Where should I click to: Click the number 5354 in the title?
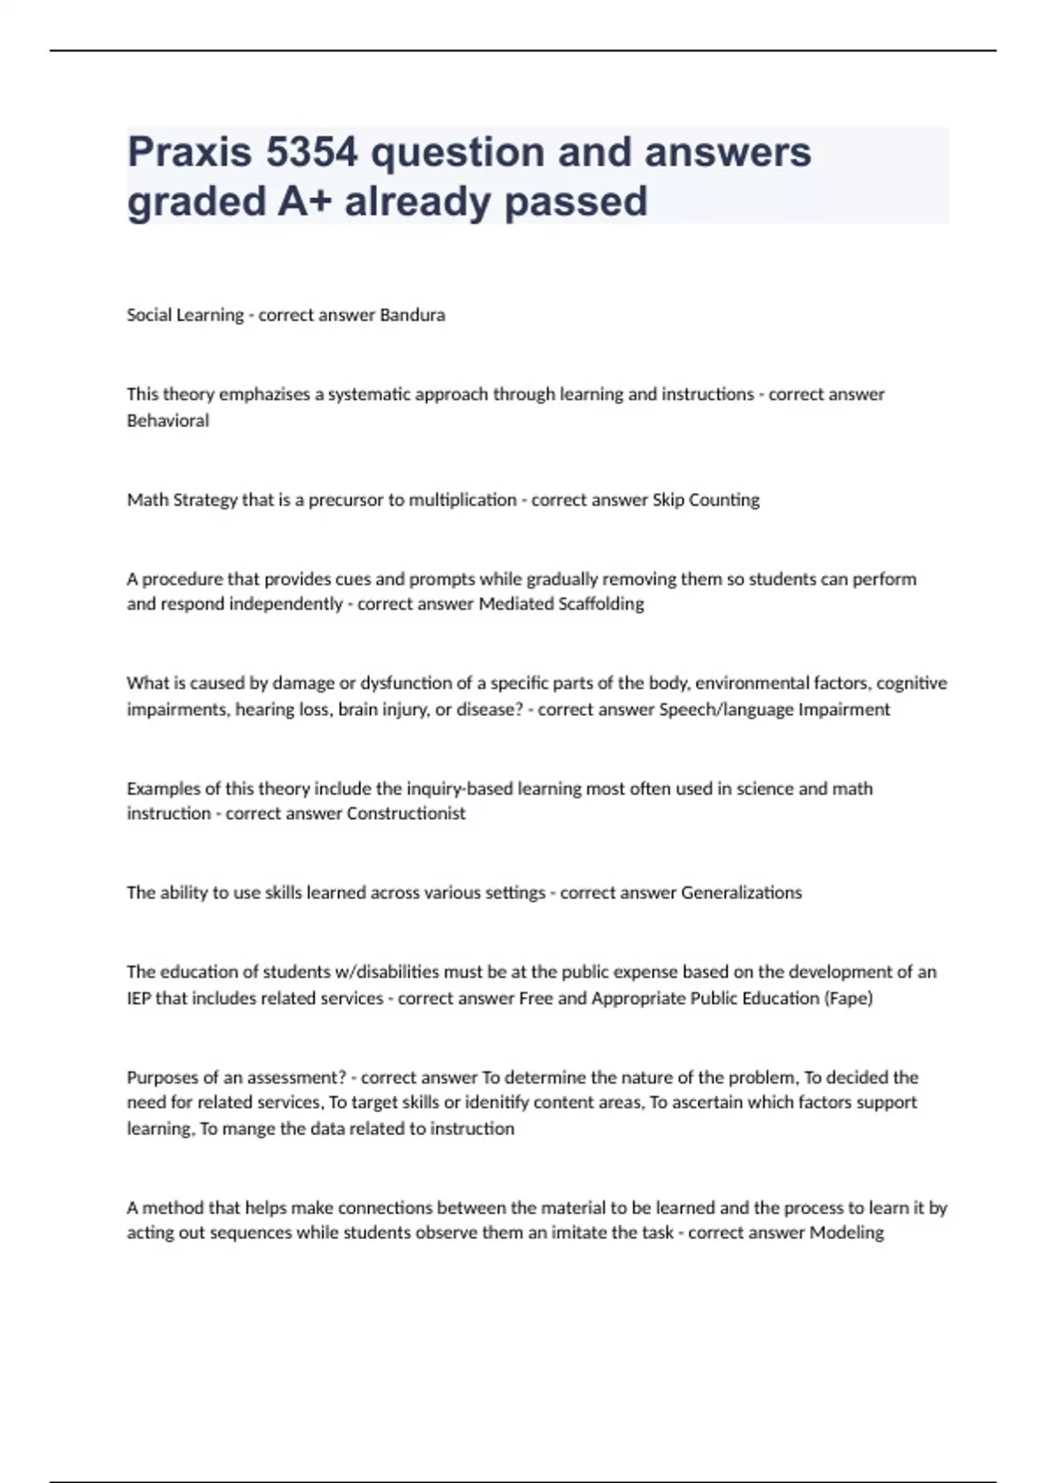coord(311,152)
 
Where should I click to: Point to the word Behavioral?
coord(168,420)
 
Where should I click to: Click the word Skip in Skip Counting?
coord(667,500)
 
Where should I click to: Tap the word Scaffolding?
coord(600,604)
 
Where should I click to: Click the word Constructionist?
coord(406,813)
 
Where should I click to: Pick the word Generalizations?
coord(741,892)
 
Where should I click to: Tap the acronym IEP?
coord(139,998)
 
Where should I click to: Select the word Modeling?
coord(846,1233)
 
